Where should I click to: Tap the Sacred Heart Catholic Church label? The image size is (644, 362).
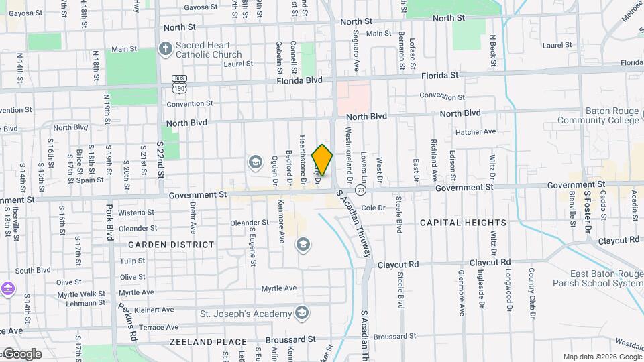[x=209, y=50]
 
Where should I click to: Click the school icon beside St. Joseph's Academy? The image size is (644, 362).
[x=302, y=313]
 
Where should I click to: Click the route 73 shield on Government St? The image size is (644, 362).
[x=361, y=190]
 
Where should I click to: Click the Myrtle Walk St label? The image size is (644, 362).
[x=81, y=294]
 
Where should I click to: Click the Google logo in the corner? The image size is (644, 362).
[x=22, y=353]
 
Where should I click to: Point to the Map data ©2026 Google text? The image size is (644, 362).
[x=601, y=357]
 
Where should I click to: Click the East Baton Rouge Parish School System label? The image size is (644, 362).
[x=606, y=278]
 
